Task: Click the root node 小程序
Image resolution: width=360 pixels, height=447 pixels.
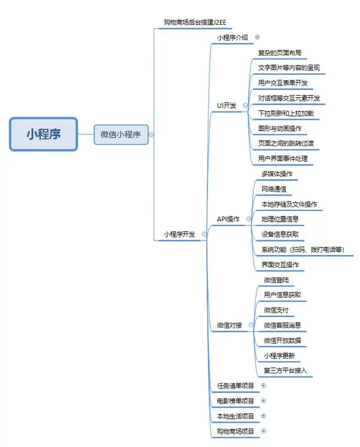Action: click(x=43, y=134)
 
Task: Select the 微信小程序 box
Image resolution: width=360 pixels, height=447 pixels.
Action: click(x=121, y=134)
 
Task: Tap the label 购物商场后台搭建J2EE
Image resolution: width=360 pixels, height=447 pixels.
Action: click(x=195, y=22)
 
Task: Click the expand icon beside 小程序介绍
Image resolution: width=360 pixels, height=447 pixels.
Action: click(x=258, y=37)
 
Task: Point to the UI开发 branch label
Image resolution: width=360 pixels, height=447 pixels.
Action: click(x=227, y=105)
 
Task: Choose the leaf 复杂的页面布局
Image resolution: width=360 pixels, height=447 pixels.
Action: click(x=280, y=53)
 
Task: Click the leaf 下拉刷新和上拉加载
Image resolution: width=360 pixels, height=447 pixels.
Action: click(x=286, y=113)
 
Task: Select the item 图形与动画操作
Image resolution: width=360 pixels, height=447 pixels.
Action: click(x=280, y=128)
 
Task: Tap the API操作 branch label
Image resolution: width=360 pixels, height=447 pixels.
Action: click(x=228, y=219)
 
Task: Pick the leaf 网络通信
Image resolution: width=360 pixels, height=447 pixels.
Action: click(x=274, y=189)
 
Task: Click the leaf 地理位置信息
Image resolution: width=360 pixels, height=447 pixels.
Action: click(x=280, y=219)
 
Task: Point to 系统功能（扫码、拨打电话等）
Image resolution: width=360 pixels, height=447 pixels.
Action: click(x=303, y=249)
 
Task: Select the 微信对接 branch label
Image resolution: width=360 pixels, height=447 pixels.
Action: click(x=229, y=325)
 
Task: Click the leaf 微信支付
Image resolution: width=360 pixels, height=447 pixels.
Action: click(x=276, y=310)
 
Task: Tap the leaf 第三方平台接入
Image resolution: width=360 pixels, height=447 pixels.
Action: click(x=285, y=371)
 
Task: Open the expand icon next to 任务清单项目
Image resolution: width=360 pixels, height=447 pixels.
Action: click(x=263, y=386)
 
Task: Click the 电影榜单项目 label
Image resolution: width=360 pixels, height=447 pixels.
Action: click(x=235, y=401)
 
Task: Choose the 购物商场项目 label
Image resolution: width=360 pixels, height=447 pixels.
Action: click(x=235, y=431)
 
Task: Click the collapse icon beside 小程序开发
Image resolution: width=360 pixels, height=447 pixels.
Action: click(x=204, y=234)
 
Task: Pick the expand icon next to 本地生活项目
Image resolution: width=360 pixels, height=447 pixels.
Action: click(x=263, y=416)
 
